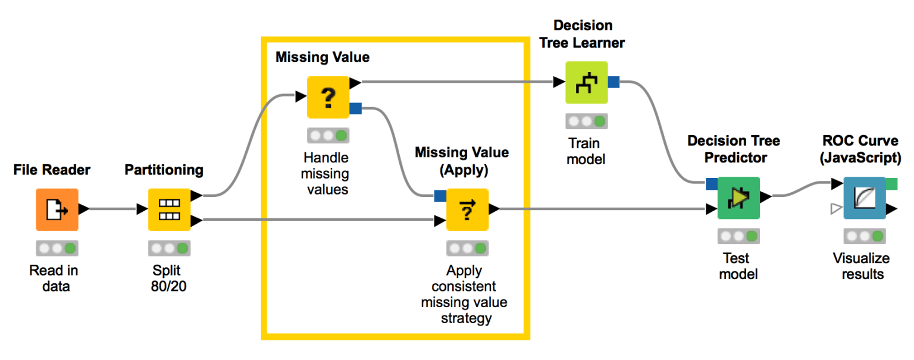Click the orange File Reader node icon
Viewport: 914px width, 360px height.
(57, 209)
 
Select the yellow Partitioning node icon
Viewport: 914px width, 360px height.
(169, 209)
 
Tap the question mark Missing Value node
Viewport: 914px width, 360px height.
(328, 97)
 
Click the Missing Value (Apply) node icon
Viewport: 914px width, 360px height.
(467, 209)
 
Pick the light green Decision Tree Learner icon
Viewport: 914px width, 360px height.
(586, 82)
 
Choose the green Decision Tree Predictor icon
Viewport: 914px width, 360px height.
(738, 198)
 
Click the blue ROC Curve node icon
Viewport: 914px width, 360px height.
(864, 198)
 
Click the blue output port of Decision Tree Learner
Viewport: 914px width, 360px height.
(613, 82)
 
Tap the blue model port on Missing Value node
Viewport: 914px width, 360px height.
(355, 108)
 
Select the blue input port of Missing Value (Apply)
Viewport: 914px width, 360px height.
(440, 195)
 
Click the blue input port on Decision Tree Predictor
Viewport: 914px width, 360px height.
(711, 184)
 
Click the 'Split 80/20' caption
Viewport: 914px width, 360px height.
(169, 278)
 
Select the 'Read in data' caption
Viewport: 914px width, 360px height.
(54, 278)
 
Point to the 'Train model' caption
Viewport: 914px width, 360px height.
(584, 152)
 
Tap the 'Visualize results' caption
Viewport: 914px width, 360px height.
(860, 266)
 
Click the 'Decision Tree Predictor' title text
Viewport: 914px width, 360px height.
(733, 149)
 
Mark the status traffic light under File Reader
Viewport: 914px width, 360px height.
(57, 248)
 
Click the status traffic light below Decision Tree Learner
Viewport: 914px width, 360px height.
(586, 121)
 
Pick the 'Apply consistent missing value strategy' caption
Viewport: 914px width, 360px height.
(465, 294)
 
